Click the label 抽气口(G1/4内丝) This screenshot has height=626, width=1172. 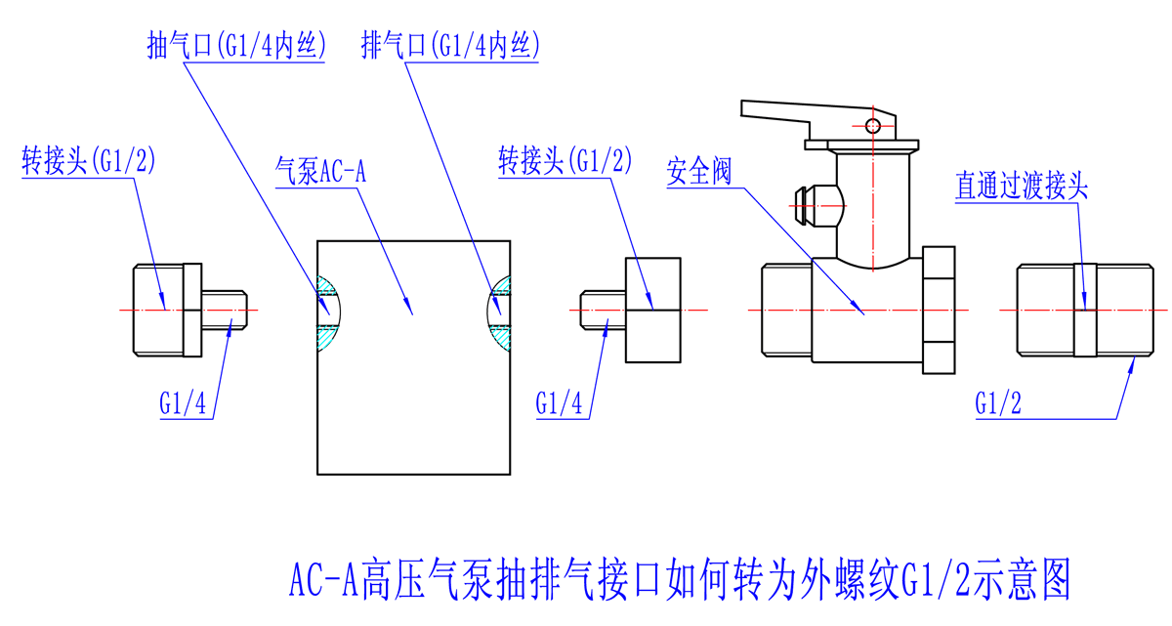point(234,45)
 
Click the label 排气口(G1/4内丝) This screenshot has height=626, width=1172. point(450,45)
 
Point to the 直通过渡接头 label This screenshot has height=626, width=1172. point(1021,187)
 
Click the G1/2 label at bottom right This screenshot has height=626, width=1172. point(998,402)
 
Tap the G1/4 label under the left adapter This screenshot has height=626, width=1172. point(185,402)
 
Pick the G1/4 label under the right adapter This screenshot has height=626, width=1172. point(560,402)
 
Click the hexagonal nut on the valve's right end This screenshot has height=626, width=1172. point(938,310)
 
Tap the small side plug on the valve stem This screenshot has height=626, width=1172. point(807,203)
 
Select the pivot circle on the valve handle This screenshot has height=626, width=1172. point(875,125)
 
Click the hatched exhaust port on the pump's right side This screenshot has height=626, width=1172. point(499,311)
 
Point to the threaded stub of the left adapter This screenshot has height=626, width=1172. point(226,311)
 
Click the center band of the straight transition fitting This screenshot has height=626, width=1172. point(1084,310)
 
